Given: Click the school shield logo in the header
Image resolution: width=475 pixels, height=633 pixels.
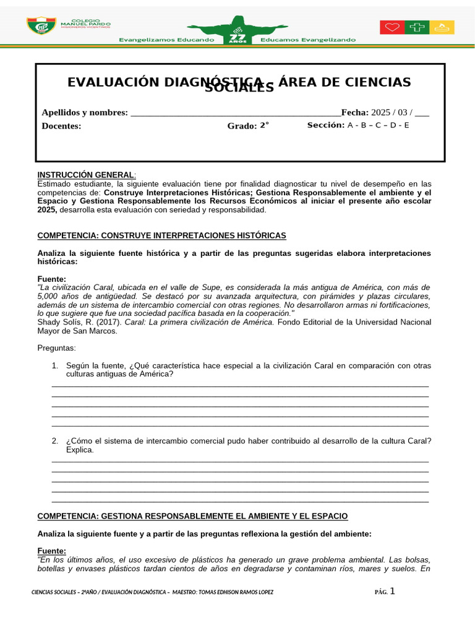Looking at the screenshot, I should tap(41, 26).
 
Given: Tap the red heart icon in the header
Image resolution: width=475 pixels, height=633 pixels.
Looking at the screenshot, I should tap(392, 27).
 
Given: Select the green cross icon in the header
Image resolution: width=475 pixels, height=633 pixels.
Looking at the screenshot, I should tap(417, 27).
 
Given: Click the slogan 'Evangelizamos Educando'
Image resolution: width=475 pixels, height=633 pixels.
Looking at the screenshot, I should tap(166, 40).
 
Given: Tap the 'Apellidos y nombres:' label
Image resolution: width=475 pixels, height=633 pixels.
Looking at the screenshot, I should tap(85, 113).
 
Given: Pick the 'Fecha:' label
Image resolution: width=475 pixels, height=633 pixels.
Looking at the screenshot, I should tap(354, 113).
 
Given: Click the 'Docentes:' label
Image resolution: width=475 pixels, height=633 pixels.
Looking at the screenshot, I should tap(61, 125).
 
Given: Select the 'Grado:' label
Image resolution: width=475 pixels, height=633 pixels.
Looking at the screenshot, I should tap(242, 126).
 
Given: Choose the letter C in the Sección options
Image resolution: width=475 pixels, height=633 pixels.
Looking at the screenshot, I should tap(378, 125).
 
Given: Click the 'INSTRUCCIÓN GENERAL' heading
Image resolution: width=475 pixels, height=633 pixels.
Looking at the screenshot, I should tap(85, 175).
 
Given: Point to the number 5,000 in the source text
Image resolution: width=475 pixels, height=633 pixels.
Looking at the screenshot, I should tap(48, 296).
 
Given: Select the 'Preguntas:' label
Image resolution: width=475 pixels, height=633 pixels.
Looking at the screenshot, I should tap(58, 348).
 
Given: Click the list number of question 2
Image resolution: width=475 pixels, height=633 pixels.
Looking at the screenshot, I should tap(55, 441).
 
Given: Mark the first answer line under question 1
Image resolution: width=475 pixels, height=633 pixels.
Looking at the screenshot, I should tap(240, 386).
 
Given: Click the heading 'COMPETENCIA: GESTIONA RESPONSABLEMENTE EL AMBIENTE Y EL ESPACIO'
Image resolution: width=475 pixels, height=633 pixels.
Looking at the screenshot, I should tap(192, 516).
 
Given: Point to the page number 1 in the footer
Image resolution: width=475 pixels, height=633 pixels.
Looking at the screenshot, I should tap(392, 591).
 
